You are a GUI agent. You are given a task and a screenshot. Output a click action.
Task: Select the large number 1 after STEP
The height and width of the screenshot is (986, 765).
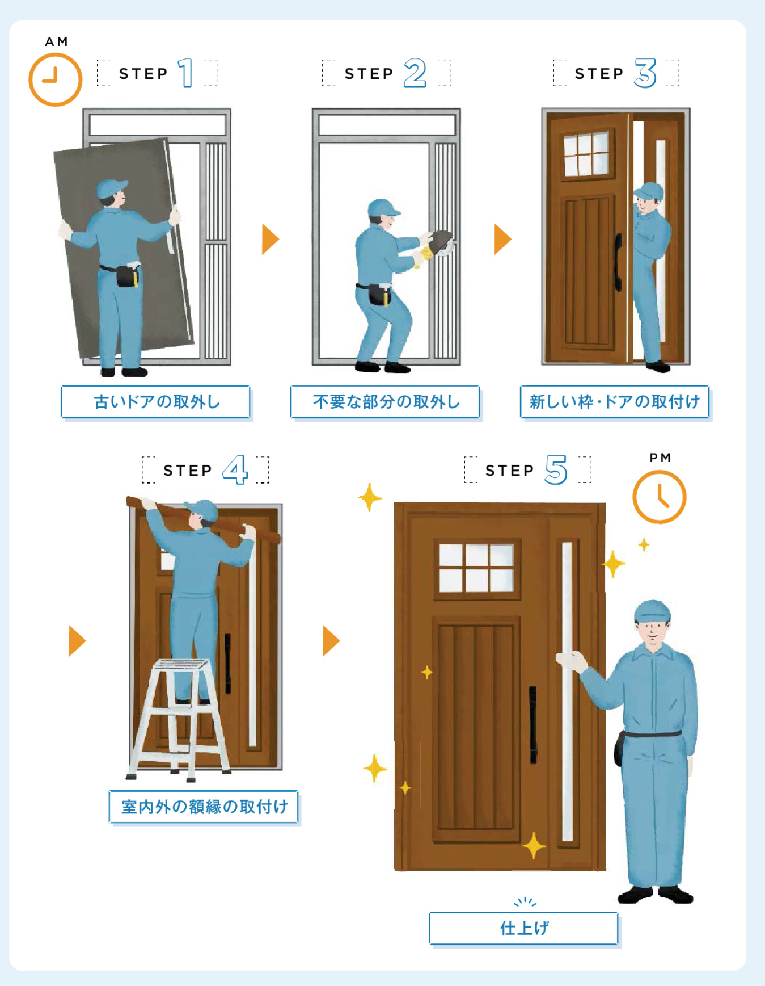185,73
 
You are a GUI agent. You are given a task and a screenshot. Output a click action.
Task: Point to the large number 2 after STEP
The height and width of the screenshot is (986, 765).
415,73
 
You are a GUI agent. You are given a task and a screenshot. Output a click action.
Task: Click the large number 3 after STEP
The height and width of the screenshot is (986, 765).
645,73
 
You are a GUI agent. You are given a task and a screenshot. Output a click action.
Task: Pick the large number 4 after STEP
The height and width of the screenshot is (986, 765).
235,469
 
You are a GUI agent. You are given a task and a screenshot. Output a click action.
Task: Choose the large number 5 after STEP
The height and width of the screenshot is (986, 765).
556,469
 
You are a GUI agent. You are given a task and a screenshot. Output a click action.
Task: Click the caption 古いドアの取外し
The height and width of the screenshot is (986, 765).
157,402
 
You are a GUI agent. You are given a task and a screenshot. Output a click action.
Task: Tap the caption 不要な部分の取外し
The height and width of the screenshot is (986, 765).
386,402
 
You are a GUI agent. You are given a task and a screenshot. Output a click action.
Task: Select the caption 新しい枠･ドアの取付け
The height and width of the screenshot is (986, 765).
615,402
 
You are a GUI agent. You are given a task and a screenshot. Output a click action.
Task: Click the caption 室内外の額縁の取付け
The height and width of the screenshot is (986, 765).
204,807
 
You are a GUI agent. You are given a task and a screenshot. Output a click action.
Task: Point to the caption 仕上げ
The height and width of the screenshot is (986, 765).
524,928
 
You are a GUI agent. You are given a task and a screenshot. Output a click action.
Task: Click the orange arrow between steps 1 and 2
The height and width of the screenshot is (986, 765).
271,239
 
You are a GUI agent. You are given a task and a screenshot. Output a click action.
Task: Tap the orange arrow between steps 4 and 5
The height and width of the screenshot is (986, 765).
331,641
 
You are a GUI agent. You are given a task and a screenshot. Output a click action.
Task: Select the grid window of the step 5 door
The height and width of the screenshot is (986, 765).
476,568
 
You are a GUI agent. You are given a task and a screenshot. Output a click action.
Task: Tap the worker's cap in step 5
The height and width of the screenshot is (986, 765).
653,611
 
